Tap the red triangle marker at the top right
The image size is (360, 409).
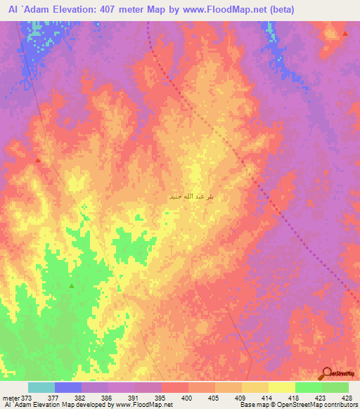[x=345, y=34]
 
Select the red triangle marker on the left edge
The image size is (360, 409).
[x=38, y=160]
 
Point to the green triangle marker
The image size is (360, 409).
[x=72, y=286]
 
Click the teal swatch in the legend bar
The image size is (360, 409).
[x=41, y=387]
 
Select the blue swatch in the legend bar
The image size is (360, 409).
[x=68, y=387]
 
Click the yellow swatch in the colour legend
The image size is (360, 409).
[x=281, y=387]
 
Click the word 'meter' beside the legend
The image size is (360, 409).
[x=10, y=397]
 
